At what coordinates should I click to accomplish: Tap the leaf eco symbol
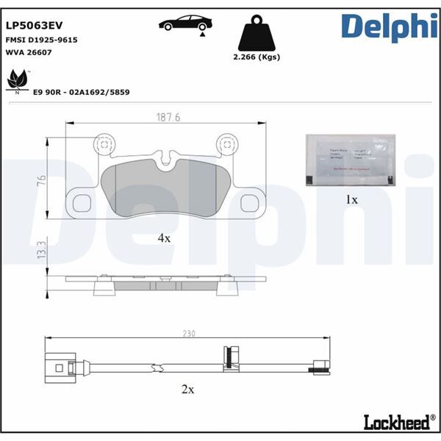click(18, 78)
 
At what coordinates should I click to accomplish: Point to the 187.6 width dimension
click(168, 116)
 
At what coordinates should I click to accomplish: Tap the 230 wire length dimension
click(190, 334)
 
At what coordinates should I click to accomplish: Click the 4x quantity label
click(163, 237)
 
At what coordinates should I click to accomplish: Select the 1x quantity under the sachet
click(351, 199)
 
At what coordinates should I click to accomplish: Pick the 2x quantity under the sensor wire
click(188, 390)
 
